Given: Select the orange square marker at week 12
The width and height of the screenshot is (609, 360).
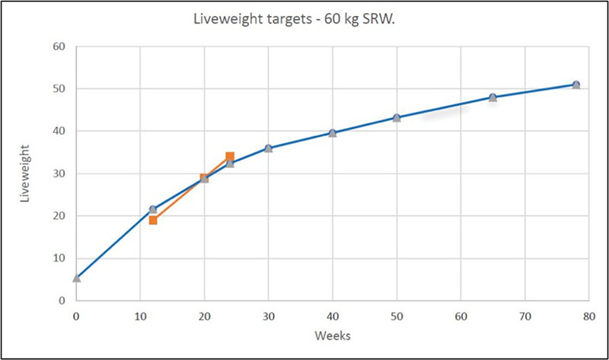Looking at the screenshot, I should pos(153,220).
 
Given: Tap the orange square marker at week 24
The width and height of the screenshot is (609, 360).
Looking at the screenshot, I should pos(230,157).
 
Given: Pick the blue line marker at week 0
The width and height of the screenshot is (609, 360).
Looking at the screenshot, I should pos(76,279).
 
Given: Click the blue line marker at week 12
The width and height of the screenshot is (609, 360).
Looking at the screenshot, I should pos(153,209).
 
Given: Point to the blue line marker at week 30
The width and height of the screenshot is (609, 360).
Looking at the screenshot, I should pos(269,148).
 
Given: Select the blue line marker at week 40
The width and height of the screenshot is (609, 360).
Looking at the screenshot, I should pos(333,133).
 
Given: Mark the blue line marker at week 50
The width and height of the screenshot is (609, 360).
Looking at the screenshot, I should pos(397,118).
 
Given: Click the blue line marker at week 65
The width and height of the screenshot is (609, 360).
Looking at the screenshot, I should pos(493,97).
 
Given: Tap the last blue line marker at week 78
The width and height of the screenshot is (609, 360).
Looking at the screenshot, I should pos(576,84).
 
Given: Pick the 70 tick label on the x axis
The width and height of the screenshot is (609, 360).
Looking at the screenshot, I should pos(525,314).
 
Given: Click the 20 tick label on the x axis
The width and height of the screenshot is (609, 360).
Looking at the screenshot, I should pos(204,314).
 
